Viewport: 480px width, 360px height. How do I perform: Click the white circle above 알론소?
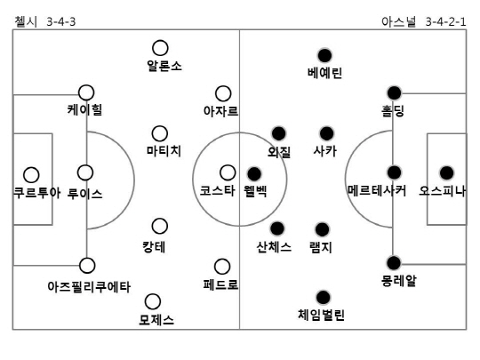pyautogui.click(x=160, y=48)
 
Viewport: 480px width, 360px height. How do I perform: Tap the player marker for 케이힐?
pyautogui.click(x=86, y=92)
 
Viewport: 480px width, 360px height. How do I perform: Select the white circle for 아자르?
pyautogui.click(x=223, y=93)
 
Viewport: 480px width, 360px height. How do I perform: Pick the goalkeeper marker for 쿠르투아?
pyautogui.click(x=31, y=175)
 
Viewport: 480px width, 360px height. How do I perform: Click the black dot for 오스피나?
pyautogui.click(x=446, y=173)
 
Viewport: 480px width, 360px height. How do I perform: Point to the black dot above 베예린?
pyautogui.click(x=324, y=55)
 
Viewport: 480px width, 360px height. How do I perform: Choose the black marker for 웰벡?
pyautogui.click(x=254, y=174)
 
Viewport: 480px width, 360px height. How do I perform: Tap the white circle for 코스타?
pyautogui.click(x=228, y=172)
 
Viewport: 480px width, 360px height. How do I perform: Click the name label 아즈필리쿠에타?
pyautogui.click(x=89, y=287)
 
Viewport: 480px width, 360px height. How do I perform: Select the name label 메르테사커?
pyautogui.click(x=377, y=191)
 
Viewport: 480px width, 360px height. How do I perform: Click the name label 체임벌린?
pyautogui.click(x=322, y=315)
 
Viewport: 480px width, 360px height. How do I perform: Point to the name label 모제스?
pyautogui.click(x=156, y=320)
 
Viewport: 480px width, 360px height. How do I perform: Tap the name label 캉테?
pyautogui.click(x=154, y=247)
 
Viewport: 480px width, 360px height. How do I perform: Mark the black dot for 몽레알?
pyautogui.click(x=394, y=263)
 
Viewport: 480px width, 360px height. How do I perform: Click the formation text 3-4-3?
pyautogui.click(x=61, y=22)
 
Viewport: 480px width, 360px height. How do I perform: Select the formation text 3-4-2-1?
pyautogui.click(x=445, y=22)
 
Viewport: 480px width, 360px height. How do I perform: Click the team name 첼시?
pyautogui.click(x=26, y=21)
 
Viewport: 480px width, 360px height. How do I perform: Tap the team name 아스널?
pyautogui.click(x=399, y=21)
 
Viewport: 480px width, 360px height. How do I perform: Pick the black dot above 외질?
pyautogui.click(x=278, y=133)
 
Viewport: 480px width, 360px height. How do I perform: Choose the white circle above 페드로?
pyautogui.click(x=222, y=267)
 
